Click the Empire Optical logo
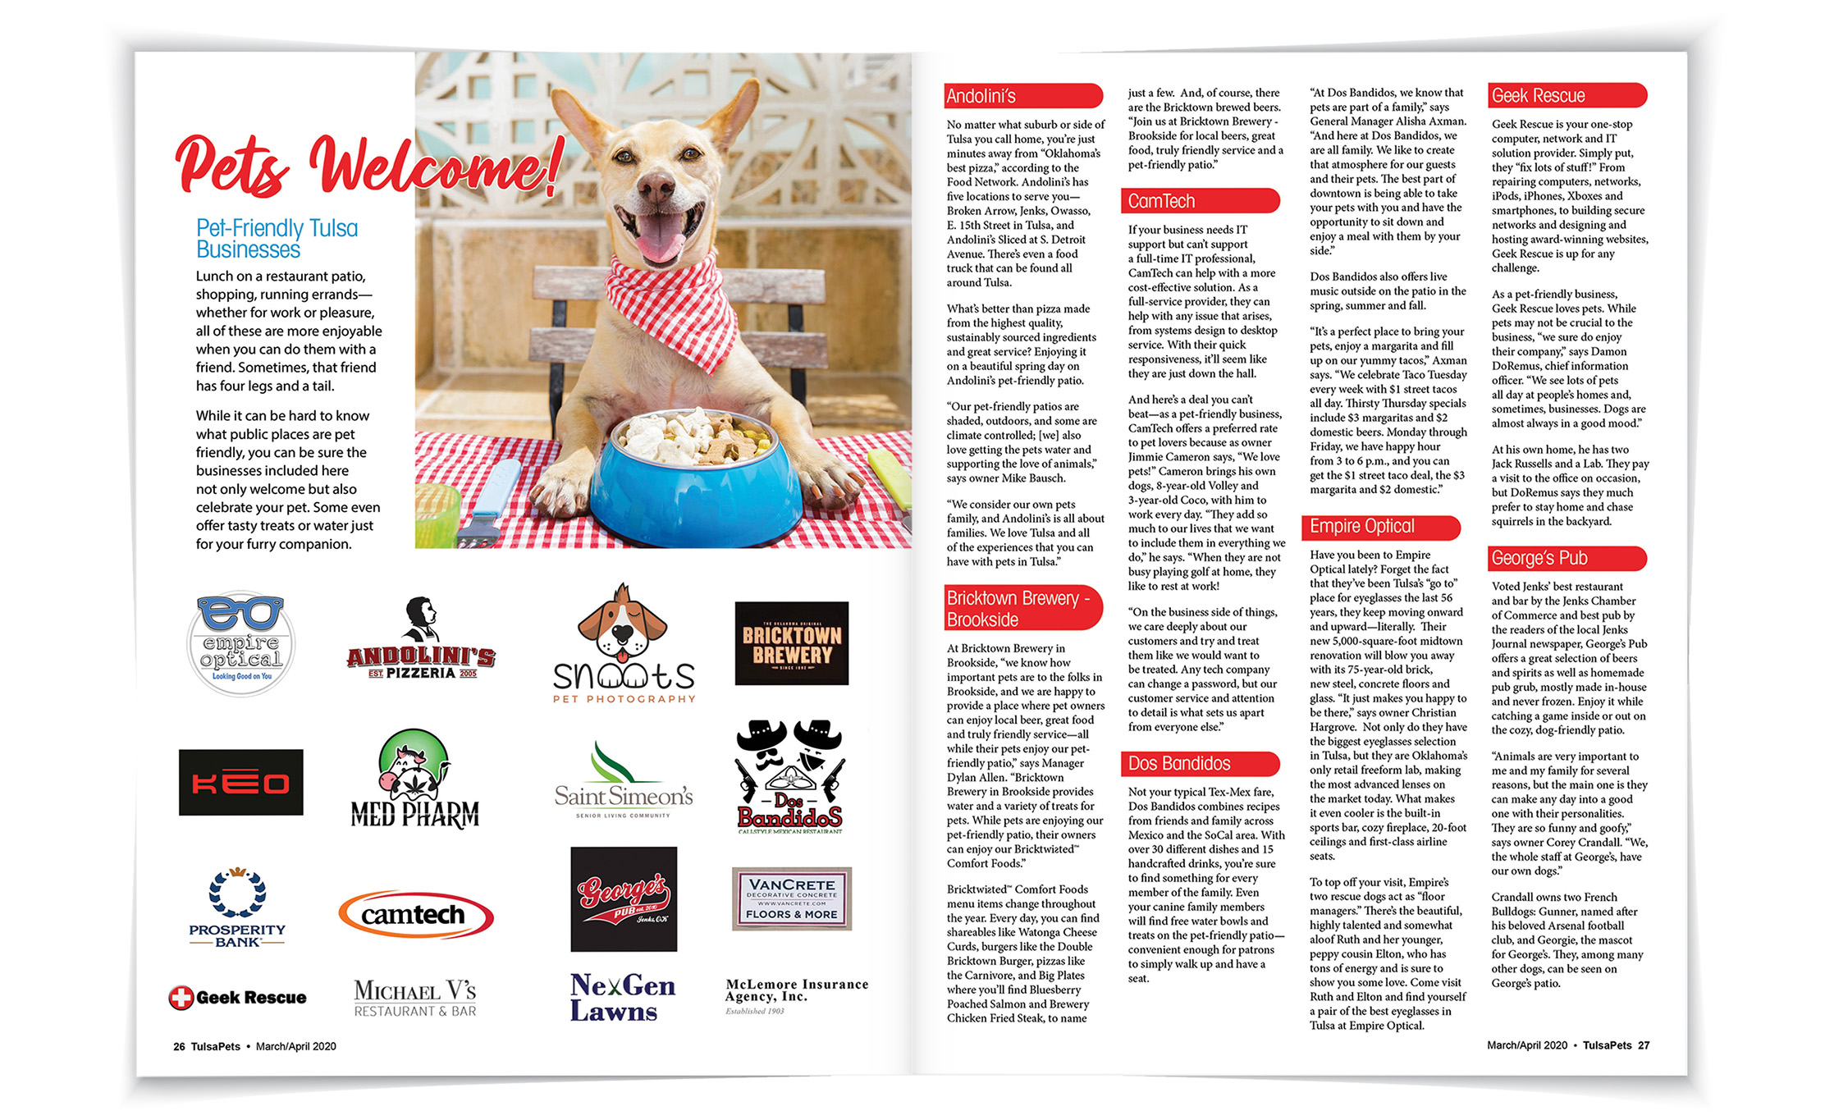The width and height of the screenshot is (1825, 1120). click(x=240, y=644)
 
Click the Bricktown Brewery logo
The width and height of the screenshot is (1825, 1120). click(x=792, y=644)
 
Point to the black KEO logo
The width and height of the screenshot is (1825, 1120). click(x=241, y=782)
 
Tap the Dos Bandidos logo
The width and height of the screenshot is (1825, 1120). click(x=790, y=778)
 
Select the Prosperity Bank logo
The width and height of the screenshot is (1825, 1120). click(x=238, y=907)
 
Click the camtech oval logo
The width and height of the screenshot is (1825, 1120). click(x=415, y=914)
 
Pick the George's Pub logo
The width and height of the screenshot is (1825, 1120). click(x=624, y=899)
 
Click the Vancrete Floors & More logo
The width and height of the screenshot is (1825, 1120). click(x=792, y=898)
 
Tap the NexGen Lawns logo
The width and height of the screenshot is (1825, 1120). click(x=622, y=997)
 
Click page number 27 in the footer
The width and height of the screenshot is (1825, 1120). click(x=1644, y=1045)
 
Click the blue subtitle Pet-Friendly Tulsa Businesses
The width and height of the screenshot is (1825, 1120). click(x=277, y=239)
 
